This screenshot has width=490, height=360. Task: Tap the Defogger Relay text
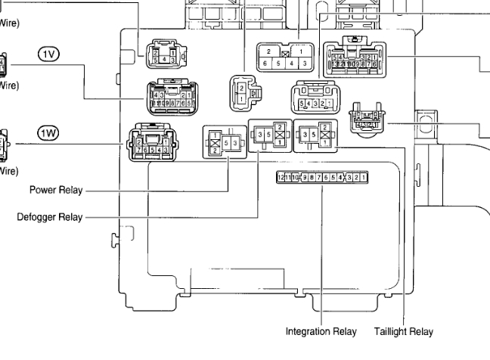coord(49,218)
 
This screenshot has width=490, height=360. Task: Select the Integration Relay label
coord(321,331)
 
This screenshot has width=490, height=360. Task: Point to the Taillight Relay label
coord(404,331)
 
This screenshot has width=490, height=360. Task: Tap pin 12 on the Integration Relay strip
coord(280,177)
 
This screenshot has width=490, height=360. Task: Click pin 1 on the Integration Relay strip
coord(365,177)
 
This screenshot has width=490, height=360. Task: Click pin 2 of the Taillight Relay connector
coord(325,127)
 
